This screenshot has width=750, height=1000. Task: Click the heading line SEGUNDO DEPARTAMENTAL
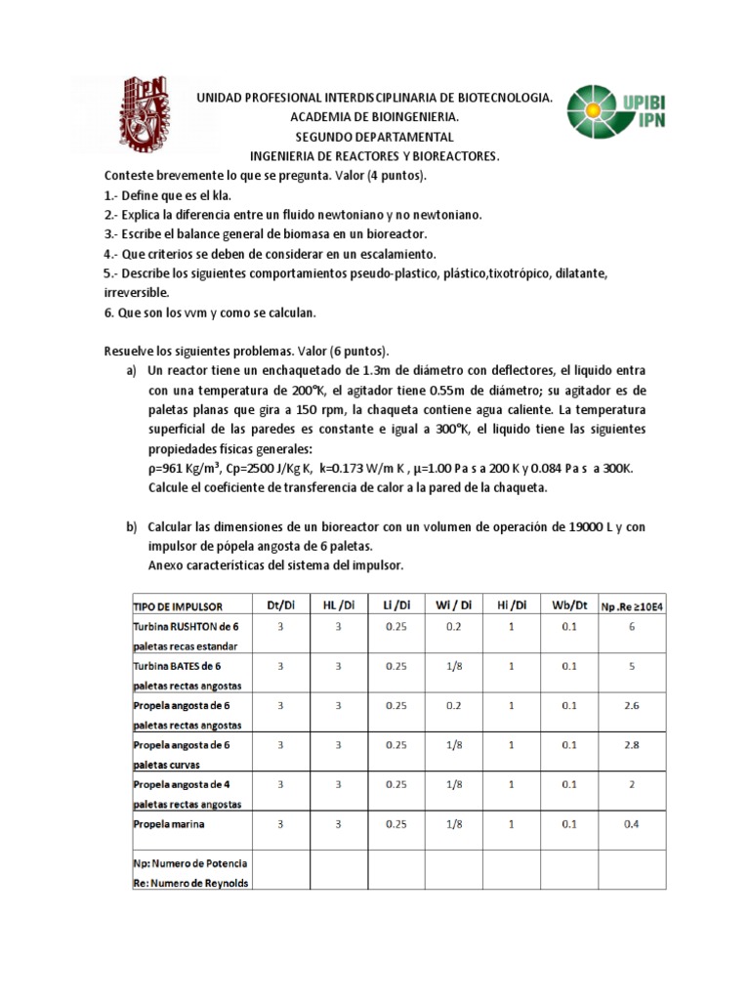(x=374, y=137)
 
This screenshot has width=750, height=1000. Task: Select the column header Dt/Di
(x=279, y=606)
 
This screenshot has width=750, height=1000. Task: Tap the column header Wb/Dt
(x=568, y=606)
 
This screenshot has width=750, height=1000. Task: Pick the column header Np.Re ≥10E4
(x=632, y=607)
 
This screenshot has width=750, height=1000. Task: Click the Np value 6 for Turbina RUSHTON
(x=632, y=626)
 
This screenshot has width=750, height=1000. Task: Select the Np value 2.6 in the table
(x=632, y=704)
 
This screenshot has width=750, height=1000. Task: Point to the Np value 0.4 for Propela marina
(x=632, y=824)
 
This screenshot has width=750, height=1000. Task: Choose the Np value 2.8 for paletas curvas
(x=632, y=744)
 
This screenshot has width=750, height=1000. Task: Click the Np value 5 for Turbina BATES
(x=632, y=666)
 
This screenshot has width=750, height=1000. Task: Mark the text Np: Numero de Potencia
(x=189, y=864)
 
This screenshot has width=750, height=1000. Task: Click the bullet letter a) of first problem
(x=131, y=371)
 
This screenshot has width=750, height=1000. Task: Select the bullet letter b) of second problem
(x=131, y=527)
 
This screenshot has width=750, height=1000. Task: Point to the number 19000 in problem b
(x=576, y=527)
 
